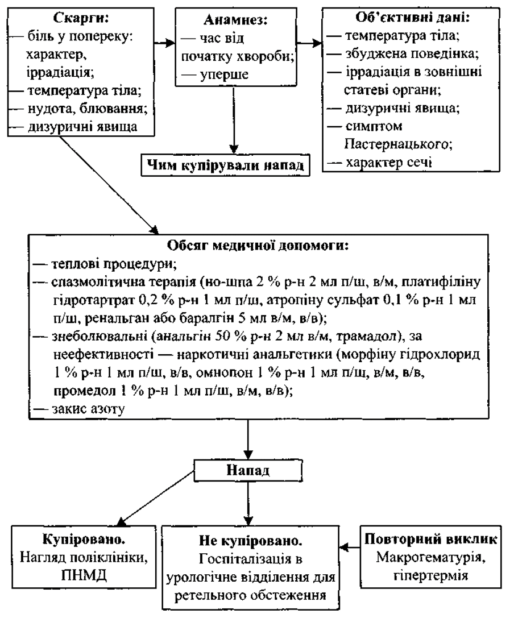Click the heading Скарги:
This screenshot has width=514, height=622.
[x=81, y=18]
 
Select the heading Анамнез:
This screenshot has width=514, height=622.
[x=235, y=20]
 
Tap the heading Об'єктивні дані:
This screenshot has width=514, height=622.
[x=413, y=18]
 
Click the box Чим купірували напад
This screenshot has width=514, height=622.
[x=226, y=165]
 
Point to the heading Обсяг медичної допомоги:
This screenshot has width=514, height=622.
[x=258, y=246]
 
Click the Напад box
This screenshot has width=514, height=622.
[x=248, y=470]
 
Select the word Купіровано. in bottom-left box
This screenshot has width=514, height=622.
[x=84, y=539]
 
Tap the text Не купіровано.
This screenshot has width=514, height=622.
[x=250, y=541]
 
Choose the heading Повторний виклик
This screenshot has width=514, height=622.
[x=431, y=540]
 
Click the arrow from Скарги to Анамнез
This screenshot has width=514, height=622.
[x=164, y=43]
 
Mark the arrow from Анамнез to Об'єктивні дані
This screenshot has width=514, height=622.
[x=309, y=43]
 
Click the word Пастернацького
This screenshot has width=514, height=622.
[x=399, y=144]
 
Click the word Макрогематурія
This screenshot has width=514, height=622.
[x=431, y=558]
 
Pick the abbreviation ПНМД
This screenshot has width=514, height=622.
[x=84, y=575]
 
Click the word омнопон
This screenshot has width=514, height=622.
[x=224, y=374]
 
